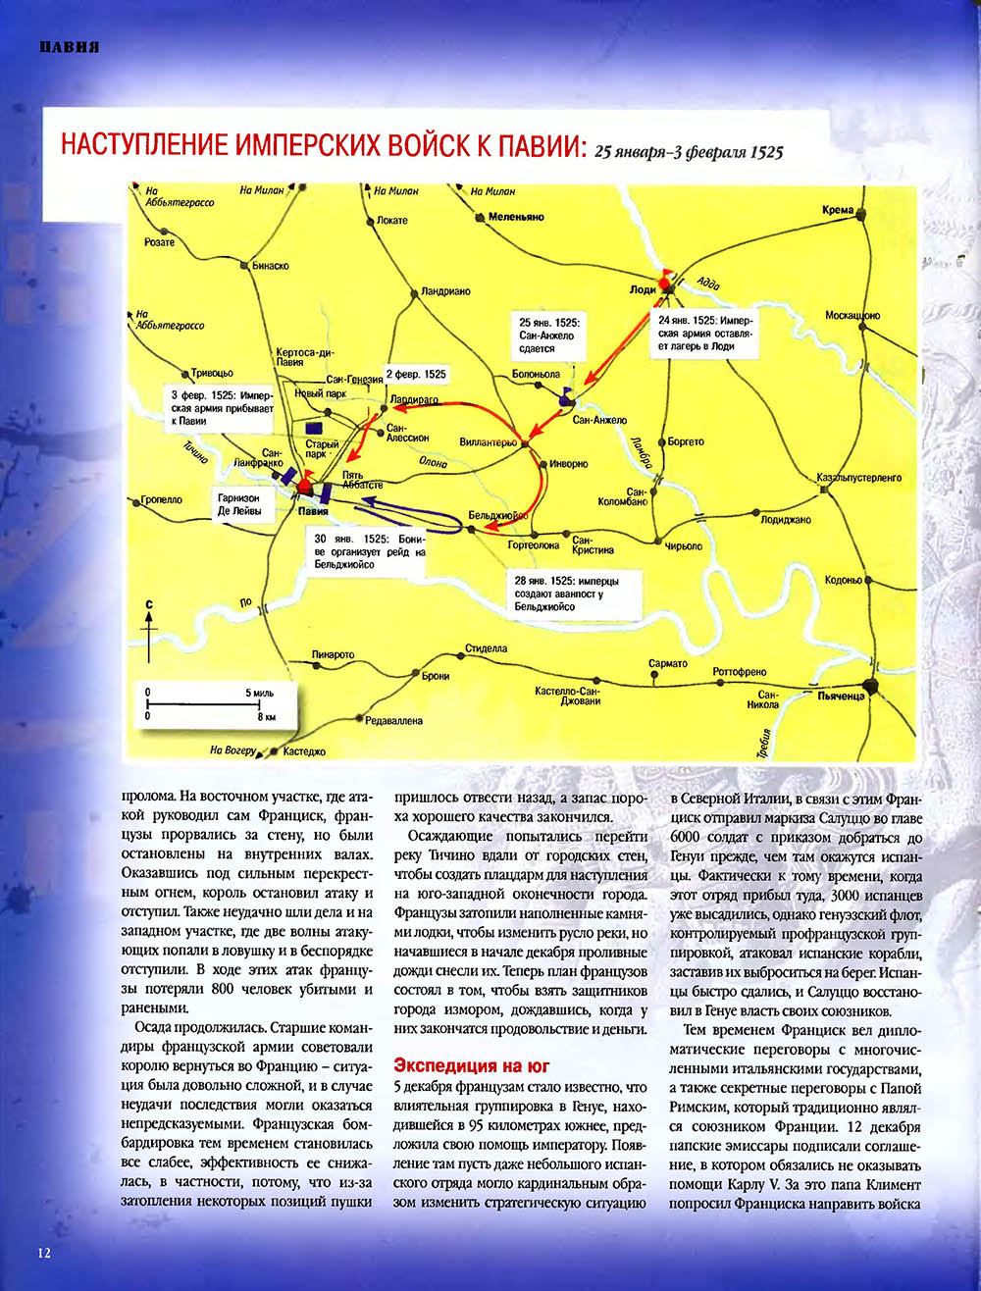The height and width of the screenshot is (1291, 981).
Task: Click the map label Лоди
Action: (x=644, y=290)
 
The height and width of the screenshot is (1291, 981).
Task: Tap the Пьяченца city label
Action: (x=841, y=696)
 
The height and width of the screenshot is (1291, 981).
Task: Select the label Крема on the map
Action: (x=839, y=211)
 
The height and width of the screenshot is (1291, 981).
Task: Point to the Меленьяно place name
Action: (x=512, y=217)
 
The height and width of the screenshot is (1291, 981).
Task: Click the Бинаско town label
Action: (x=271, y=266)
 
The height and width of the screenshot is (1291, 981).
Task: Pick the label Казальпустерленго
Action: (x=858, y=478)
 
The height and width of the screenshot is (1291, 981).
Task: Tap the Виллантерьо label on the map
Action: (x=488, y=442)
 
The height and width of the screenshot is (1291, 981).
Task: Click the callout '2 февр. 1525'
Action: (x=416, y=375)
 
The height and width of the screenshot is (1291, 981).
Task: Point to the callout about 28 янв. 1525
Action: (x=565, y=594)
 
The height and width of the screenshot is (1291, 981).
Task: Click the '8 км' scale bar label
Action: (x=266, y=717)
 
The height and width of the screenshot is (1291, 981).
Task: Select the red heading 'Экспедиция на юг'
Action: (x=471, y=1065)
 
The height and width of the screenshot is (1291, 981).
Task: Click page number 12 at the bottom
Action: (x=44, y=1253)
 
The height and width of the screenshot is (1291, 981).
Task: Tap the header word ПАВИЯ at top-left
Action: (x=69, y=48)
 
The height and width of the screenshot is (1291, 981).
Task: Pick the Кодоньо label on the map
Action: (x=843, y=580)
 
